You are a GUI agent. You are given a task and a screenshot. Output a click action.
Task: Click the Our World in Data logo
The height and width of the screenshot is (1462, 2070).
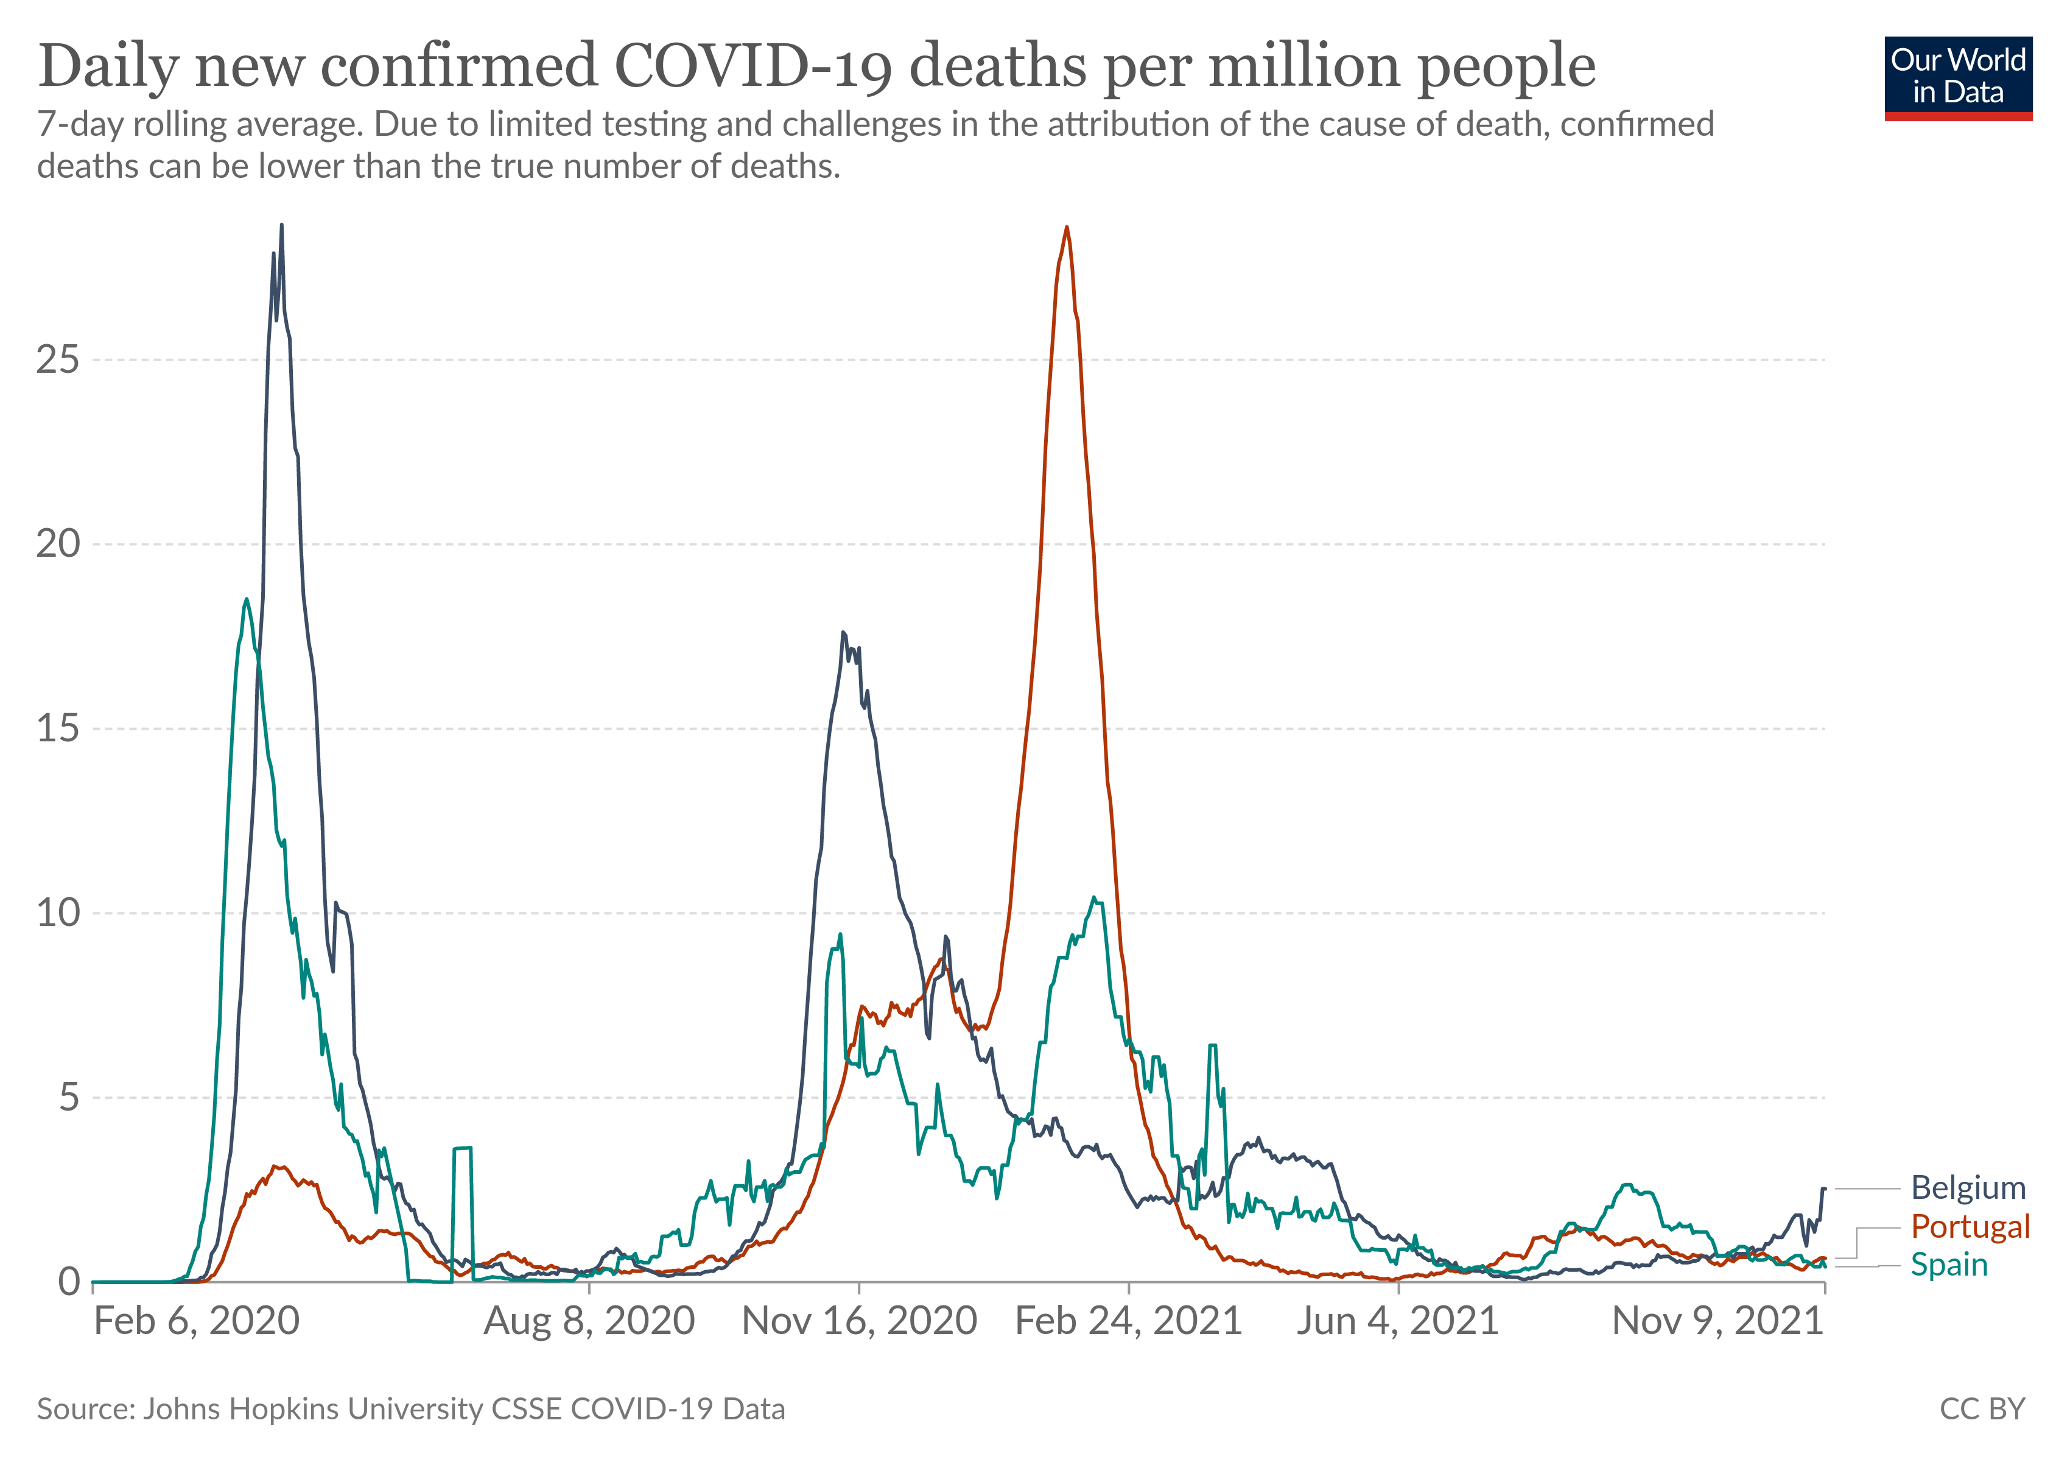coord(1957,77)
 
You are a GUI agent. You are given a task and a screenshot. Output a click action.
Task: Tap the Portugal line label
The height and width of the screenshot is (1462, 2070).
coord(1970,1227)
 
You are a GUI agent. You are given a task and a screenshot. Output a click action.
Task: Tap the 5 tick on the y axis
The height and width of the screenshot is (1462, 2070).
coord(69,1098)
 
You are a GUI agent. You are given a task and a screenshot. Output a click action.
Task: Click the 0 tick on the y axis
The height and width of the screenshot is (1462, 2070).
coord(69,1282)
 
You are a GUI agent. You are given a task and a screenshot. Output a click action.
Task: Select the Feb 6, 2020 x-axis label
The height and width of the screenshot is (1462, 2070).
coord(197,1321)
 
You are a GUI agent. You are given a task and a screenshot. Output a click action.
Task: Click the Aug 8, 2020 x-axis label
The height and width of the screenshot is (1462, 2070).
coord(589,1321)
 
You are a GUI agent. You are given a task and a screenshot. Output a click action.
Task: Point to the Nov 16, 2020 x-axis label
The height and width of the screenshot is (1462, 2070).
coord(859,1321)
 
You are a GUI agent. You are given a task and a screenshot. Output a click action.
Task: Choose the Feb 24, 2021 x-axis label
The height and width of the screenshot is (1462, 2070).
coord(1128,1321)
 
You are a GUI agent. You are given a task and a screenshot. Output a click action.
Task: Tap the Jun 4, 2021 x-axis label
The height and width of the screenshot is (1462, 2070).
coord(1397,1321)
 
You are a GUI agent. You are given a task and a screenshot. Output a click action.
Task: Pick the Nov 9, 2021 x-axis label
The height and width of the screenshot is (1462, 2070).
coord(1717,1321)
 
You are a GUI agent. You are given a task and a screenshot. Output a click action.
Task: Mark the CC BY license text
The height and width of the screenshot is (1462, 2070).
coord(1982,1409)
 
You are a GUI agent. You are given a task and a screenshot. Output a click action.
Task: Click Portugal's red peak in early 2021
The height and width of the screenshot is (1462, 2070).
coord(1067,228)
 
